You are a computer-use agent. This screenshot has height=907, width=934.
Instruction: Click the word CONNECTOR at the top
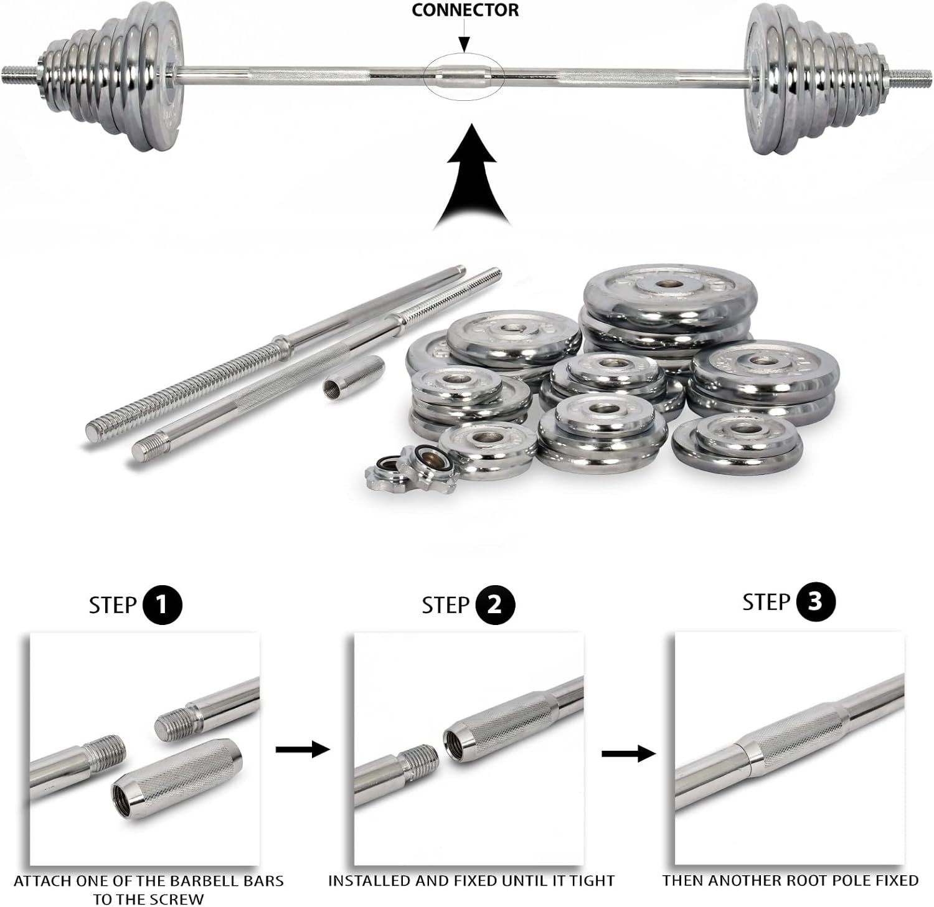pyautogui.click(x=465, y=10)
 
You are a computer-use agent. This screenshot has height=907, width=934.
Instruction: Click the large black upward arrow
pyautogui.click(x=473, y=176)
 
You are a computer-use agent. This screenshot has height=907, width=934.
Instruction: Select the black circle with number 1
pyautogui.click(x=163, y=604)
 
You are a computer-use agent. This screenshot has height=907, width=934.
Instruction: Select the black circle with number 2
pyautogui.click(x=495, y=604)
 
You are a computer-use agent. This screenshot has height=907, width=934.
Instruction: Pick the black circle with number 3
pyautogui.click(x=815, y=602)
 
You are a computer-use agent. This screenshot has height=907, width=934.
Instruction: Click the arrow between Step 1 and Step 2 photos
pyautogui.click(x=303, y=750)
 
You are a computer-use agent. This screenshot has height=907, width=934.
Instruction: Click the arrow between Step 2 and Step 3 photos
pyautogui.click(x=628, y=754)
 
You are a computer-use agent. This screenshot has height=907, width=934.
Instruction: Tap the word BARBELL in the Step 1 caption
pyautogui.click(x=204, y=881)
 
